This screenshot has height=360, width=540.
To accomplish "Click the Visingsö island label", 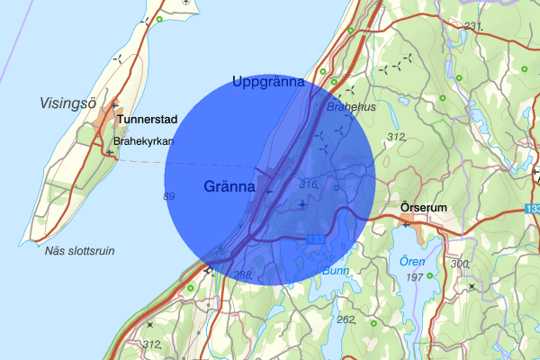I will [67, 103].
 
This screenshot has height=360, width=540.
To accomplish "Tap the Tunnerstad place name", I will [147, 119].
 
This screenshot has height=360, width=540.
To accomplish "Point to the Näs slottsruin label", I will [79, 250].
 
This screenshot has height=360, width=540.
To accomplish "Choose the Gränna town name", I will [229, 187].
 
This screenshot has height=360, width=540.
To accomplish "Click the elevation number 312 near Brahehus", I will [395, 136].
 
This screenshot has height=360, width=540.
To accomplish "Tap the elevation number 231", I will [473, 25].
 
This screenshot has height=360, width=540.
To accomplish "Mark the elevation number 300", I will [460, 264].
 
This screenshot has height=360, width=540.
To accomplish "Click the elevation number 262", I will [346, 319].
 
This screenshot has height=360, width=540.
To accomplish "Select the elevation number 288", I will [243, 274].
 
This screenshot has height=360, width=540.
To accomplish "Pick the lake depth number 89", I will [168, 196].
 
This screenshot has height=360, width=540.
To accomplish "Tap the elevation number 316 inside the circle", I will [309, 184].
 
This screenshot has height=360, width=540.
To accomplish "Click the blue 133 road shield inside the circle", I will [314, 238].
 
